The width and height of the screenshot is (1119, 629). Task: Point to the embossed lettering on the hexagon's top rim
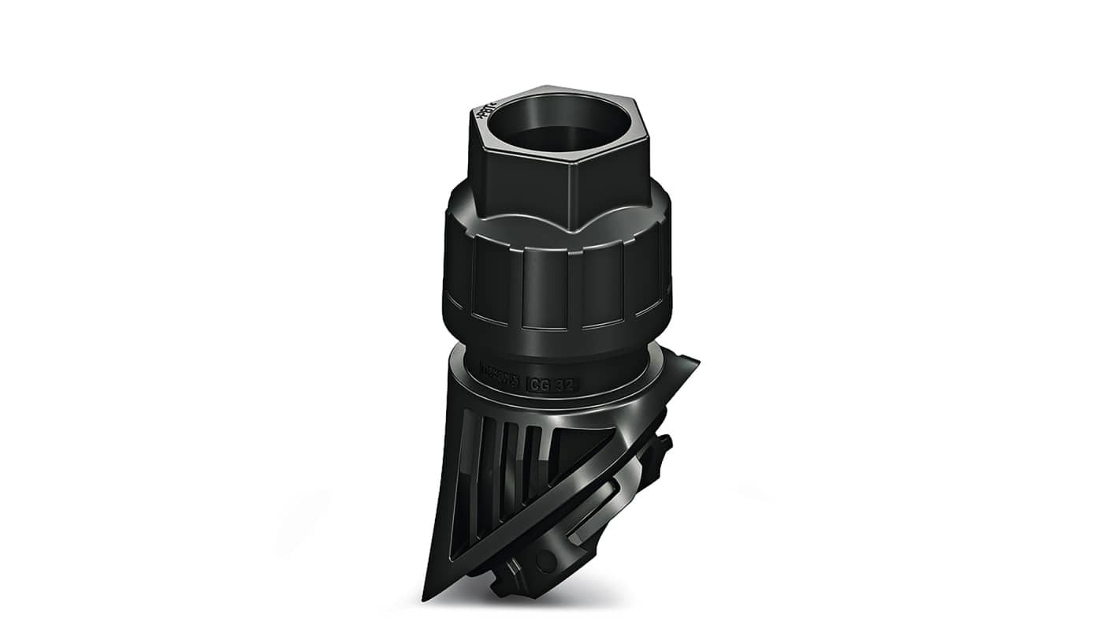tap(484, 112)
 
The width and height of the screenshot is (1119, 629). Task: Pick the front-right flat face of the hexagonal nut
tap(610, 180)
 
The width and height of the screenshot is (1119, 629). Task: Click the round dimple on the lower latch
tap(545, 560)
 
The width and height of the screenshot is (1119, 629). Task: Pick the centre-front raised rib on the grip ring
tap(545, 288)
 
